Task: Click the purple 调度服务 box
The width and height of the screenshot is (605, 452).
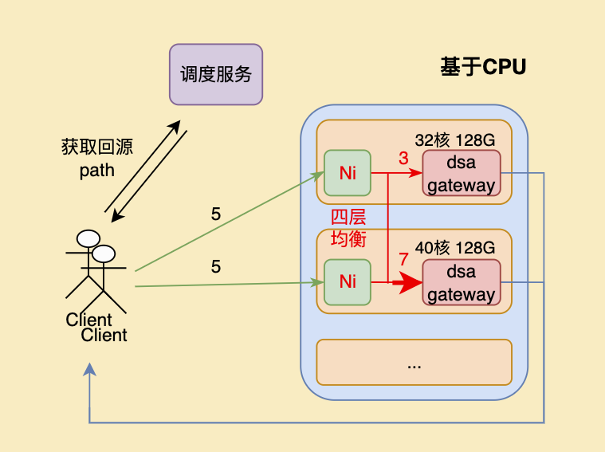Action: tap(216, 74)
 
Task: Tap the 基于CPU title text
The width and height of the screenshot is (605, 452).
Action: tap(483, 68)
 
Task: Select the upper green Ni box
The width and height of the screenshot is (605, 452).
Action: tap(347, 173)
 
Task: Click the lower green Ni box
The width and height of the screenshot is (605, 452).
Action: tap(347, 281)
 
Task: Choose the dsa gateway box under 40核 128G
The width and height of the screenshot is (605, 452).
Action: tap(461, 282)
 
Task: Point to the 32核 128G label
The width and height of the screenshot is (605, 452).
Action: tap(454, 140)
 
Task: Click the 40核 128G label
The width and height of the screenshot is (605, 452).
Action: tap(454, 248)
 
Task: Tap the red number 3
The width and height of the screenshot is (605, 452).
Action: tap(403, 159)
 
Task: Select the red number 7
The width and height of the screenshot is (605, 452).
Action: tap(403, 260)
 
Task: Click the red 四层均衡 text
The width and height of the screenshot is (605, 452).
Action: tap(348, 228)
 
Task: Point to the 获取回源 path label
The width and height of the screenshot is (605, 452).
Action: tap(96, 159)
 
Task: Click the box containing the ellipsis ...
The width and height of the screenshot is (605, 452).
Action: tap(414, 362)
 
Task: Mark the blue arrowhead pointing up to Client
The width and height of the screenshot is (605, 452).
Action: tap(90, 370)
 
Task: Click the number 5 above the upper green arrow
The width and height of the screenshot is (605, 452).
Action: tap(216, 214)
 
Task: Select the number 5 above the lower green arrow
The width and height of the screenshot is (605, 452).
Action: tap(216, 267)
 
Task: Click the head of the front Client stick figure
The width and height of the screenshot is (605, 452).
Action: tap(104, 254)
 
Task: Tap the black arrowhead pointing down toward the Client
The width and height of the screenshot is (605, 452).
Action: tap(116, 217)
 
